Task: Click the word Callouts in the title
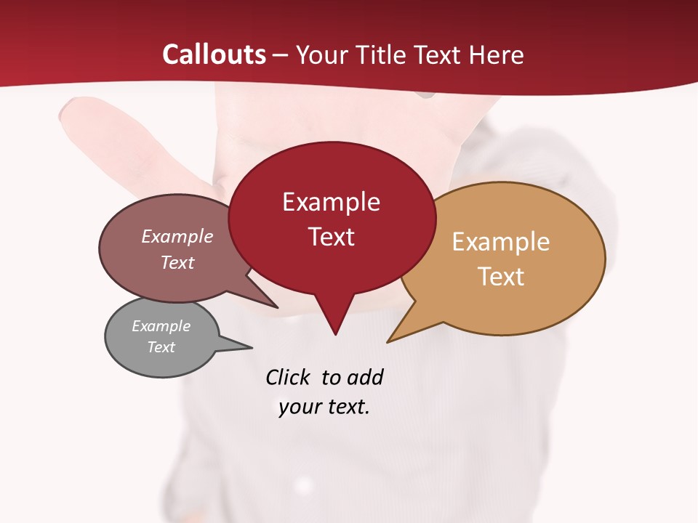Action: [214, 54]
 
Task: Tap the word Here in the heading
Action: [497, 54]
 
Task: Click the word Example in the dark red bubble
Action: [331, 202]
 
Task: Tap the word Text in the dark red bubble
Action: [331, 237]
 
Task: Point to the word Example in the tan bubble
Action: [500, 241]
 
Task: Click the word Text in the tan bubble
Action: [500, 276]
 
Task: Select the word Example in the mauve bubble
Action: [177, 236]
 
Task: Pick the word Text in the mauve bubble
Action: [177, 262]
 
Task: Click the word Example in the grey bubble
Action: [161, 326]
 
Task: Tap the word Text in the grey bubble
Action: [161, 347]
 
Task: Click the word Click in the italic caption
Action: [287, 377]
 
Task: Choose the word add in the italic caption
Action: [365, 377]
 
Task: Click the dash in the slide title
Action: [281, 54]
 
